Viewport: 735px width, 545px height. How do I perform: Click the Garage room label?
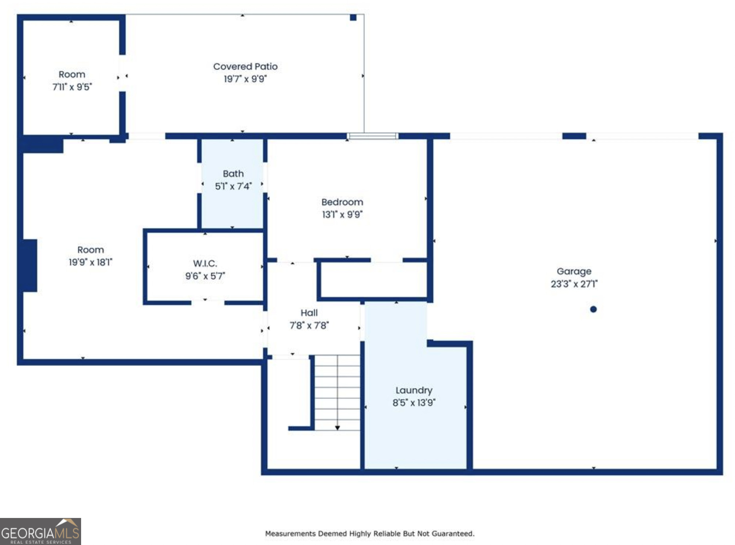(574, 271)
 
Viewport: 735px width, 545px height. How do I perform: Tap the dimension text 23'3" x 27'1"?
(574, 284)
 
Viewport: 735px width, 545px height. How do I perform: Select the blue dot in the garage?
(593, 309)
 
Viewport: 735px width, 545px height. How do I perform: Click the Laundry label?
(414, 390)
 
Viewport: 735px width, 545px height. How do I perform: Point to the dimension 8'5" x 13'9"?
(414, 403)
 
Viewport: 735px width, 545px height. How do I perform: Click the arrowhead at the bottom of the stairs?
(337, 428)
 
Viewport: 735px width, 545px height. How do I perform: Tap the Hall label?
(309, 313)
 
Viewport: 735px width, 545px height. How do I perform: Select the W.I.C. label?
(205, 263)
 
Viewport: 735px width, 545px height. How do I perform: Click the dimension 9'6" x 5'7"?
(205, 276)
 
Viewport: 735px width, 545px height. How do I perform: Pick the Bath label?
(233, 174)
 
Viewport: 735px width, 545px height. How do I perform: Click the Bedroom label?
(342, 202)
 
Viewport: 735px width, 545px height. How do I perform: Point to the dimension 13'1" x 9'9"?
(342, 214)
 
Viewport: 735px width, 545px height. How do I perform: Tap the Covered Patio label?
(245, 66)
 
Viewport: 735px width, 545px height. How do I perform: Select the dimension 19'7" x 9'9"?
(245, 79)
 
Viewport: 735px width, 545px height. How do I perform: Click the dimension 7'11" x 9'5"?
(72, 87)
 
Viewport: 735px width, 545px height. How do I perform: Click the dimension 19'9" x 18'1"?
(90, 262)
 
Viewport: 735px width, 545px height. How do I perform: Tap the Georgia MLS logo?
(40, 531)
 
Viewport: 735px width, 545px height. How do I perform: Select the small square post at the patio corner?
(353, 18)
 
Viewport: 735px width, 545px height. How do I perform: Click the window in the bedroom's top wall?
(372, 136)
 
